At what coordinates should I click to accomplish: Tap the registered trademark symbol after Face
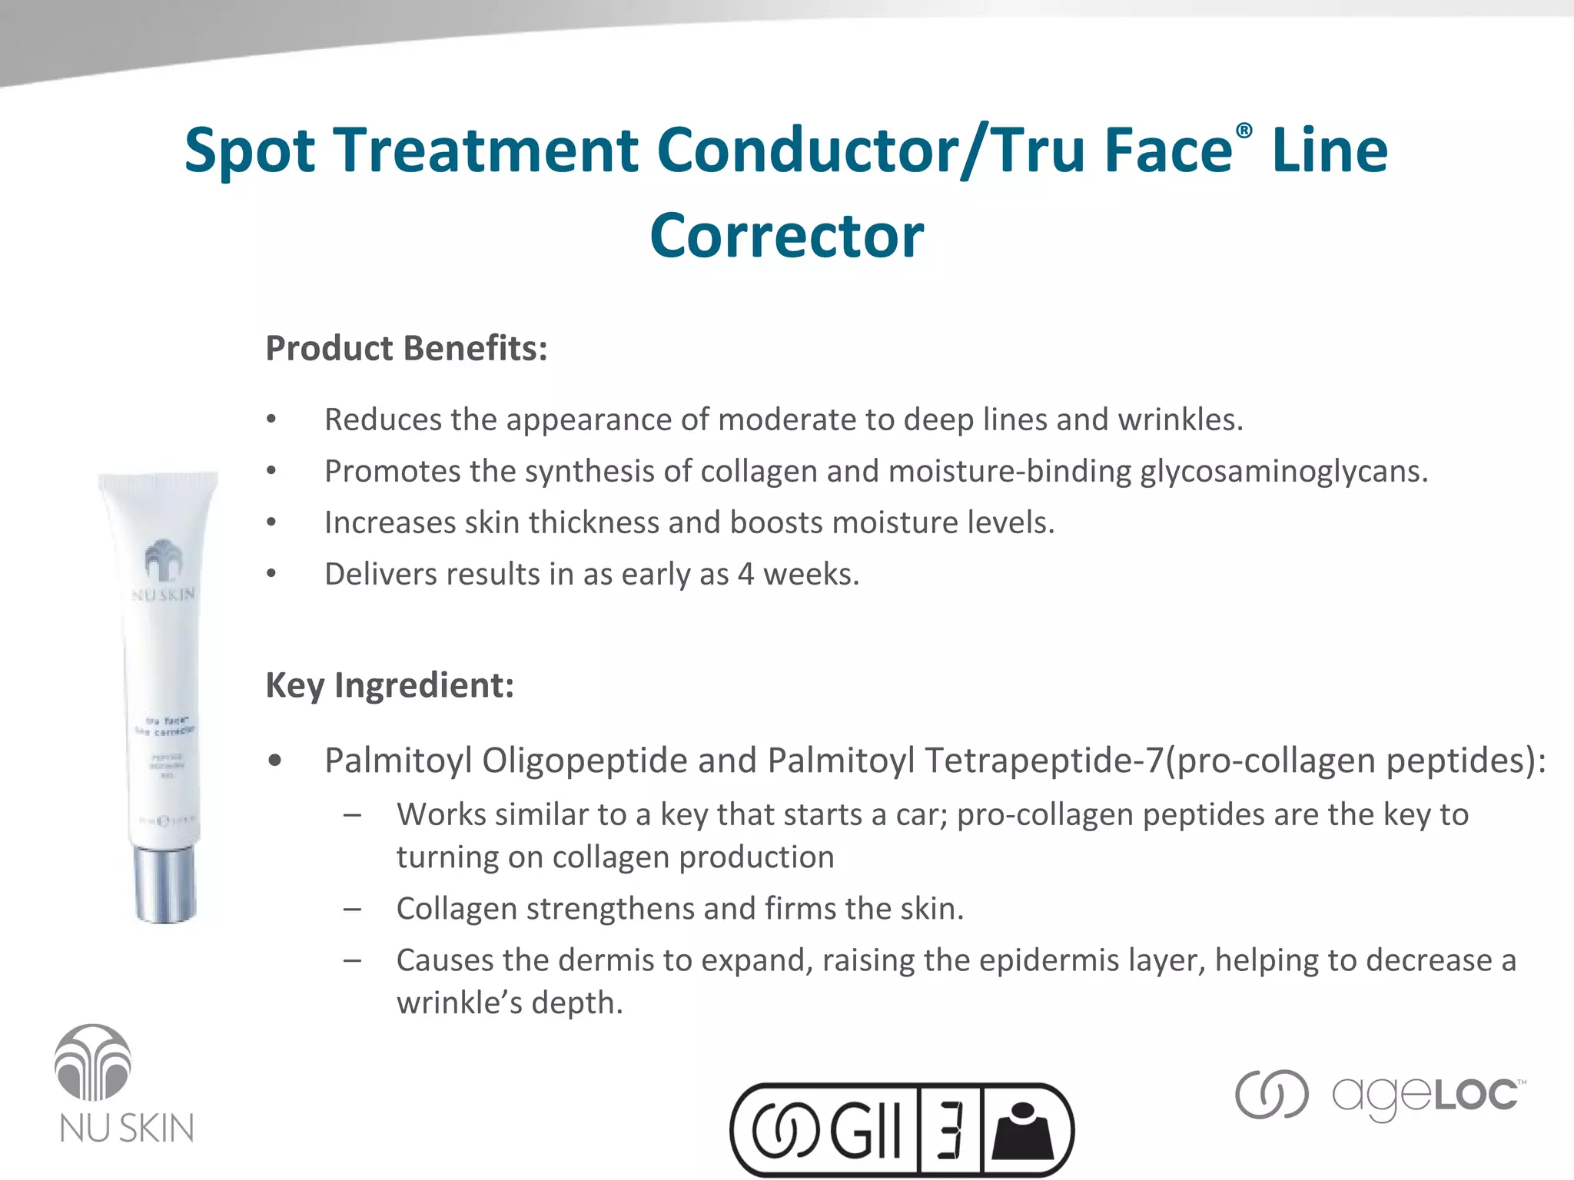pos(1244,131)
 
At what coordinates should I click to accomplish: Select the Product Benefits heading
pos(406,348)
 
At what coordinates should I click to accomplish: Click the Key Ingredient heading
pos(390,684)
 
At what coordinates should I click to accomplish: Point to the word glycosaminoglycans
pos(1283,471)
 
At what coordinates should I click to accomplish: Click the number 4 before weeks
pos(745,574)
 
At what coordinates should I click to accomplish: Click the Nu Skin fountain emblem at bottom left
pos(93,1063)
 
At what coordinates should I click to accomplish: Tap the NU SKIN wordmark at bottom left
pos(127,1129)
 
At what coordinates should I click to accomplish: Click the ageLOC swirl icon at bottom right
pos(1271,1094)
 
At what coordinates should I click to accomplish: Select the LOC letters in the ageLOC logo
pos(1476,1095)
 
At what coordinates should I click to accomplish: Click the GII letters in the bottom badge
pos(865,1129)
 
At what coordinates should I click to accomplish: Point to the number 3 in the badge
pos(951,1129)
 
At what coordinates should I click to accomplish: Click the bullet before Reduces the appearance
pos(271,419)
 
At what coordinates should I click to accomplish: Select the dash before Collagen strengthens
pos(353,909)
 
